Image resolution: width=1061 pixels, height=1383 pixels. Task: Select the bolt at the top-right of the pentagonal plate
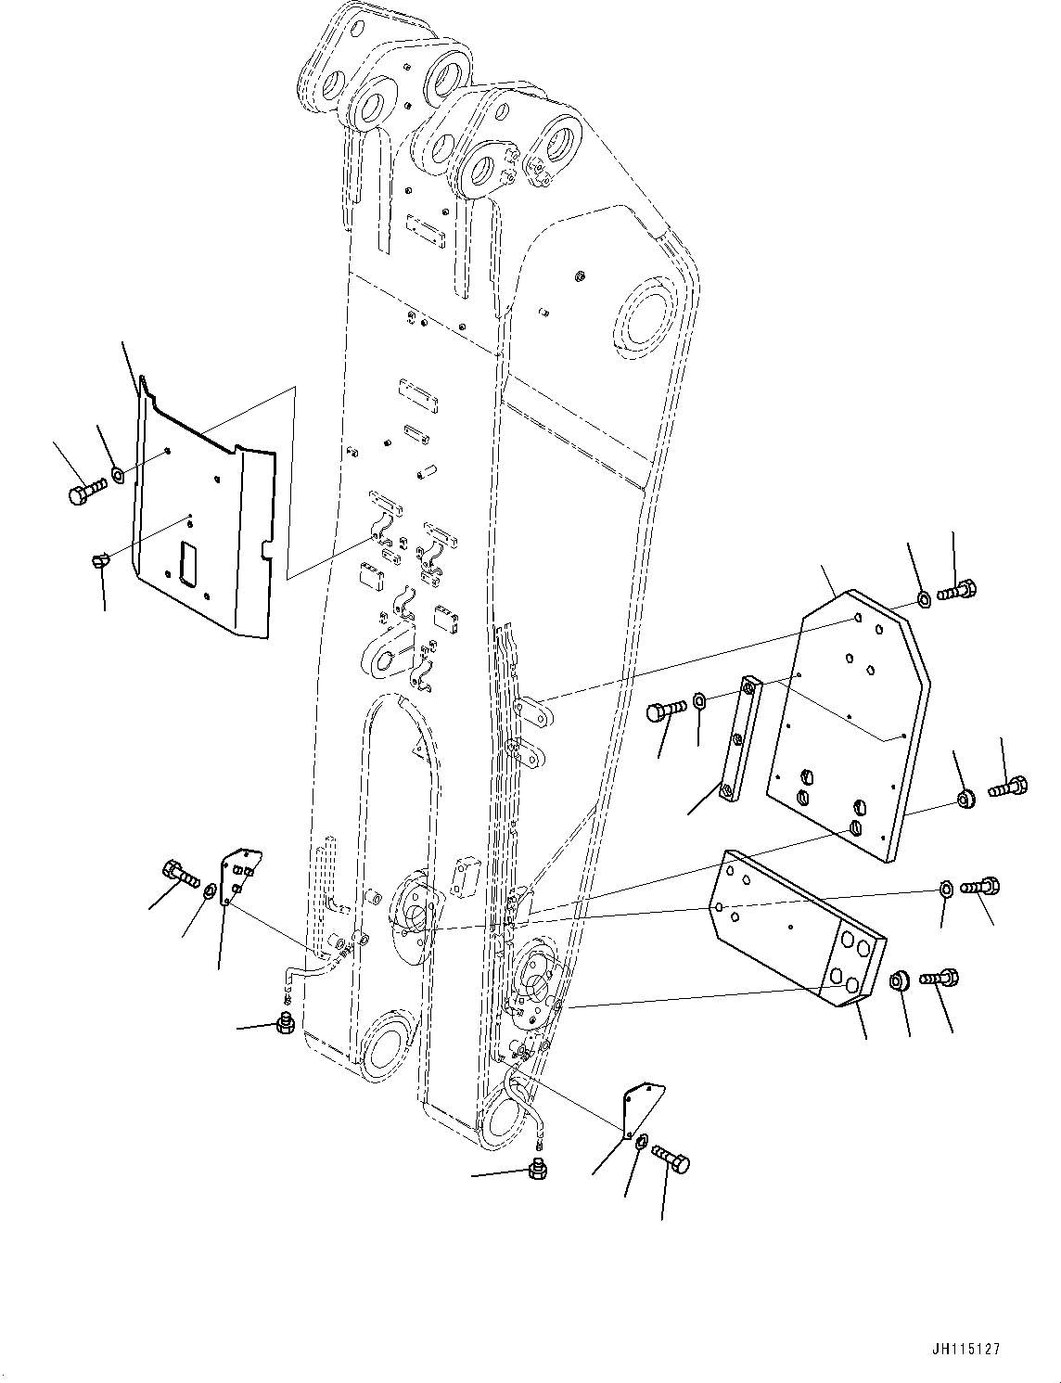(956, 590)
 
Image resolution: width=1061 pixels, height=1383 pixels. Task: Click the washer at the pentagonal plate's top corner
(924, 598)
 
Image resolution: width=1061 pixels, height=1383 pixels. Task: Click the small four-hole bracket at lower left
(240, 874)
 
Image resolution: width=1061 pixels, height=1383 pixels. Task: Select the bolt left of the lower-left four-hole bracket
(180, 873)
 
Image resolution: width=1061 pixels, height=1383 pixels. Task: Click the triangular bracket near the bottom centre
(643, 1109)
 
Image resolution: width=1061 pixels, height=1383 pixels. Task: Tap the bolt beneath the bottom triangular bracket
(671, 1159)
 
